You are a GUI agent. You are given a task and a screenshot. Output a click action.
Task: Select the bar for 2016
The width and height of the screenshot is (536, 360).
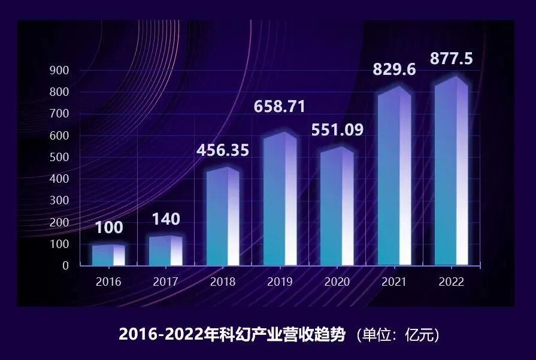point(108,255)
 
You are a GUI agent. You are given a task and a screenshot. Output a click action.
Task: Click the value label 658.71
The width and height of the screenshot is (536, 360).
point(280,107)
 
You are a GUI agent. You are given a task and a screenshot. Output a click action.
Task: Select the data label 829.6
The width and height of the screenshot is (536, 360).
point(394,69)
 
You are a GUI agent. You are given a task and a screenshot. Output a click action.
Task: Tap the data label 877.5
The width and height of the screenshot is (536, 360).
point(452,59)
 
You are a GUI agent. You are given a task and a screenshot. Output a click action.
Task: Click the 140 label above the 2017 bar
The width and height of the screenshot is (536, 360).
point(165,220)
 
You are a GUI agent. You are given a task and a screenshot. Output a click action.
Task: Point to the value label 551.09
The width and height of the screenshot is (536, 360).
point(337,130)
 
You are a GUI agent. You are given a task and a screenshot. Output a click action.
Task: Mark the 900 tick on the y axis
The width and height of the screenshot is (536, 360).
point(62,71)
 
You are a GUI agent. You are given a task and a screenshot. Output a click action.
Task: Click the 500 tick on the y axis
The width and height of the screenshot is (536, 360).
point(62,158)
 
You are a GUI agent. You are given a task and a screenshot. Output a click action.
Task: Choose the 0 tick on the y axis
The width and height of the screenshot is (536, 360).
point(66,266)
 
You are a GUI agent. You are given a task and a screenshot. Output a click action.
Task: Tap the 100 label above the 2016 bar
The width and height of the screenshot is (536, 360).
point(109,228)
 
